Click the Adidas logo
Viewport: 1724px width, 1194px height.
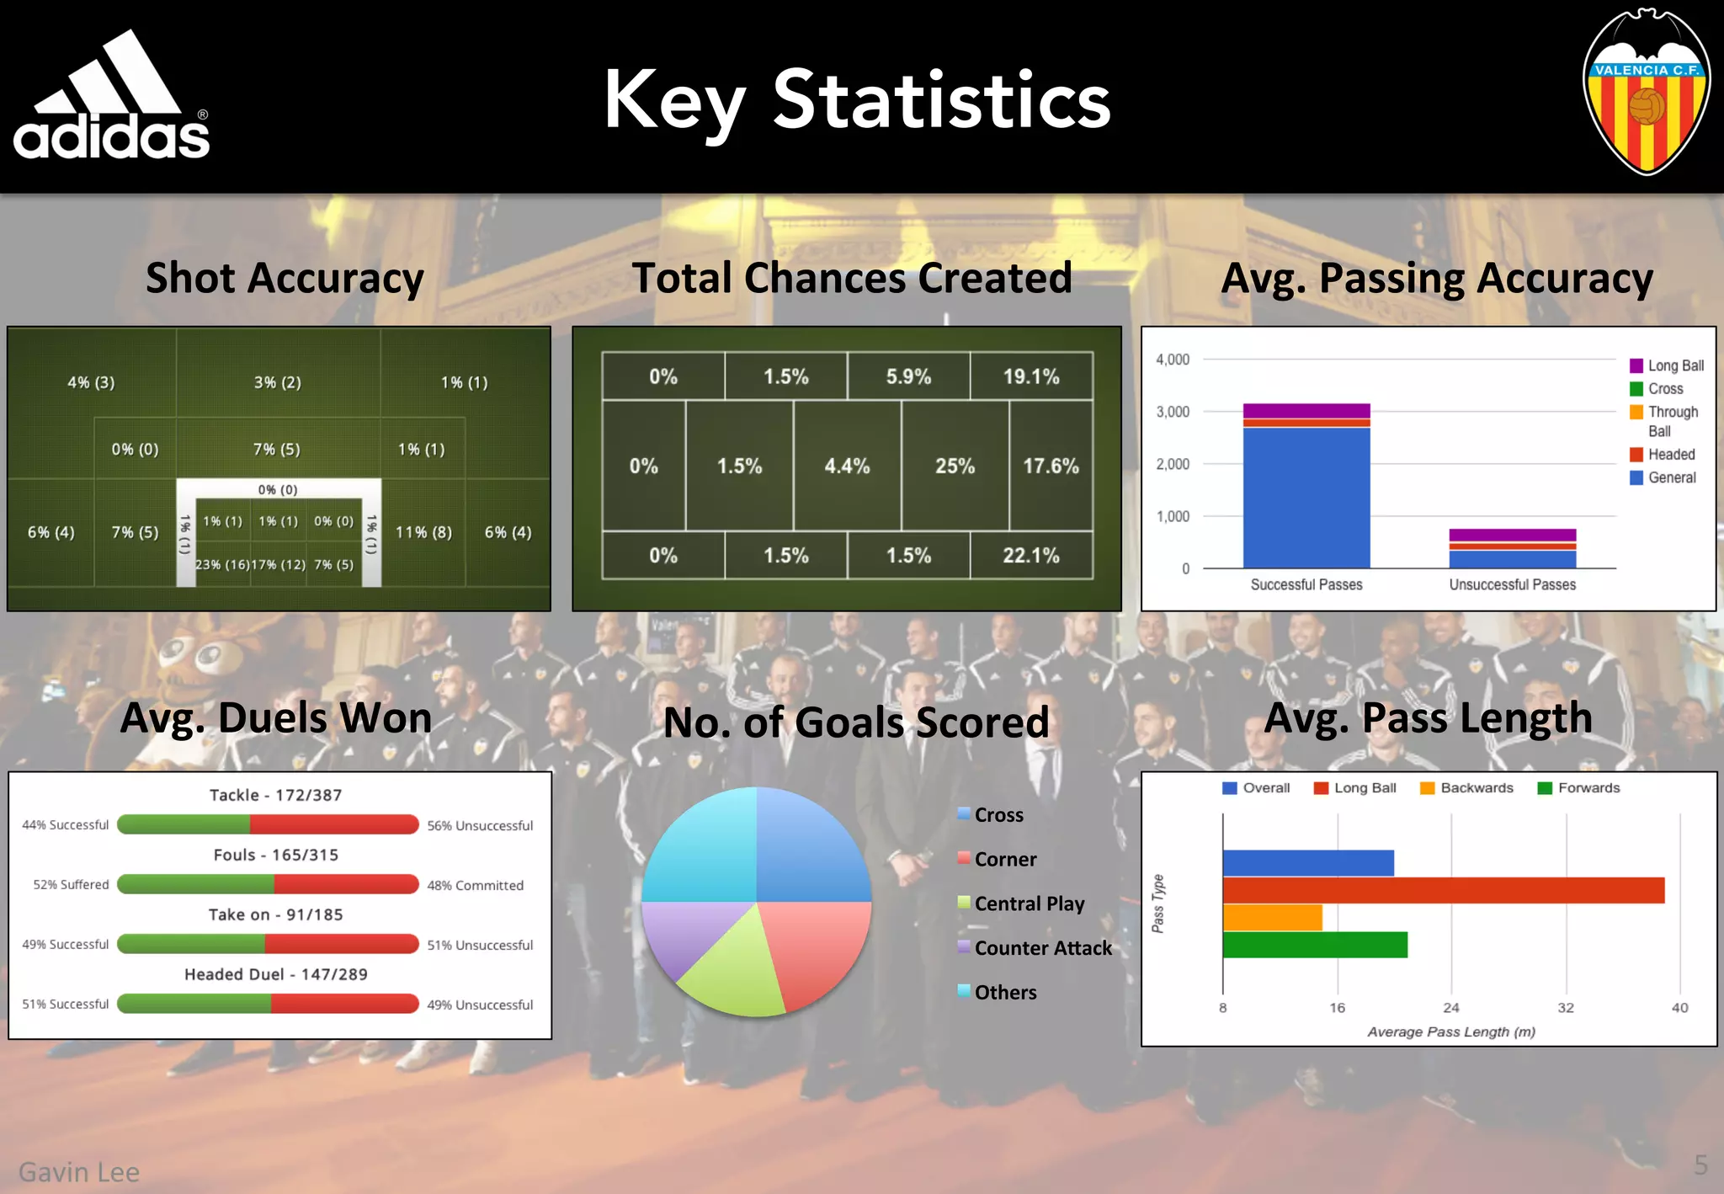111,97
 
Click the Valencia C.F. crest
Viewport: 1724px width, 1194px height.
1646,93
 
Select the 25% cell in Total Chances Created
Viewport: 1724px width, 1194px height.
955,466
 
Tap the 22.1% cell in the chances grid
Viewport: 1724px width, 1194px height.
1030,556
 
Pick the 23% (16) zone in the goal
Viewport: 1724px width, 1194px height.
222,564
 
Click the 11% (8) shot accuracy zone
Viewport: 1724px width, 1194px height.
423,532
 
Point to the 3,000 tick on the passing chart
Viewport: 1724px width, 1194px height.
1172,412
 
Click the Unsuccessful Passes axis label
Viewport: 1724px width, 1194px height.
1512,584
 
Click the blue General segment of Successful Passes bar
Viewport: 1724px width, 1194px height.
1306,497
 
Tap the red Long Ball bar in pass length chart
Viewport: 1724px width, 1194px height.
1443,890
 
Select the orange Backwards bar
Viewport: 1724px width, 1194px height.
1272,918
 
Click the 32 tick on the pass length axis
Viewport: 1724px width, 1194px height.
1565,1008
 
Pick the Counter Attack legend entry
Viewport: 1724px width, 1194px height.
1042,948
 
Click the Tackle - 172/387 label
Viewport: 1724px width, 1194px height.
275,795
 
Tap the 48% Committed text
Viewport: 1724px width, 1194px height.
475,885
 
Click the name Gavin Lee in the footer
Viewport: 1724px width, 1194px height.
79,1171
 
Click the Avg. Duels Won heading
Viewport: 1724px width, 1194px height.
275,718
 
